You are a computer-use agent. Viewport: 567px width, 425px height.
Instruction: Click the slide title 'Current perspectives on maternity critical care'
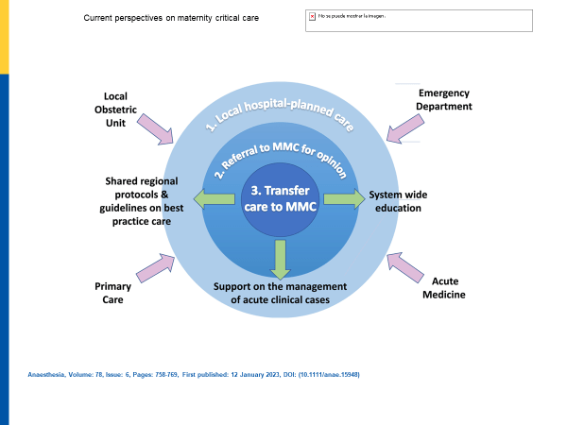(171, 18)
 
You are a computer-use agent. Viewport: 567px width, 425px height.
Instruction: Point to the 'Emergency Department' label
(446, 99)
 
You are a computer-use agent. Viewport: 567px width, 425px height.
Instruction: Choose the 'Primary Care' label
(113, 293)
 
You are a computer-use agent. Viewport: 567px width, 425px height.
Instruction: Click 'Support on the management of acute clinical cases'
(281, 294)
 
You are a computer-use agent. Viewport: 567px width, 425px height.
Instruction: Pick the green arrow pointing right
(344, 198)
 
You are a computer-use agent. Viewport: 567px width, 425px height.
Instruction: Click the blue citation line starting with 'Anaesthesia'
(194, 375)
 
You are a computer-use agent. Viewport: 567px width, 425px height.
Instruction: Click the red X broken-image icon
(312, 16)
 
